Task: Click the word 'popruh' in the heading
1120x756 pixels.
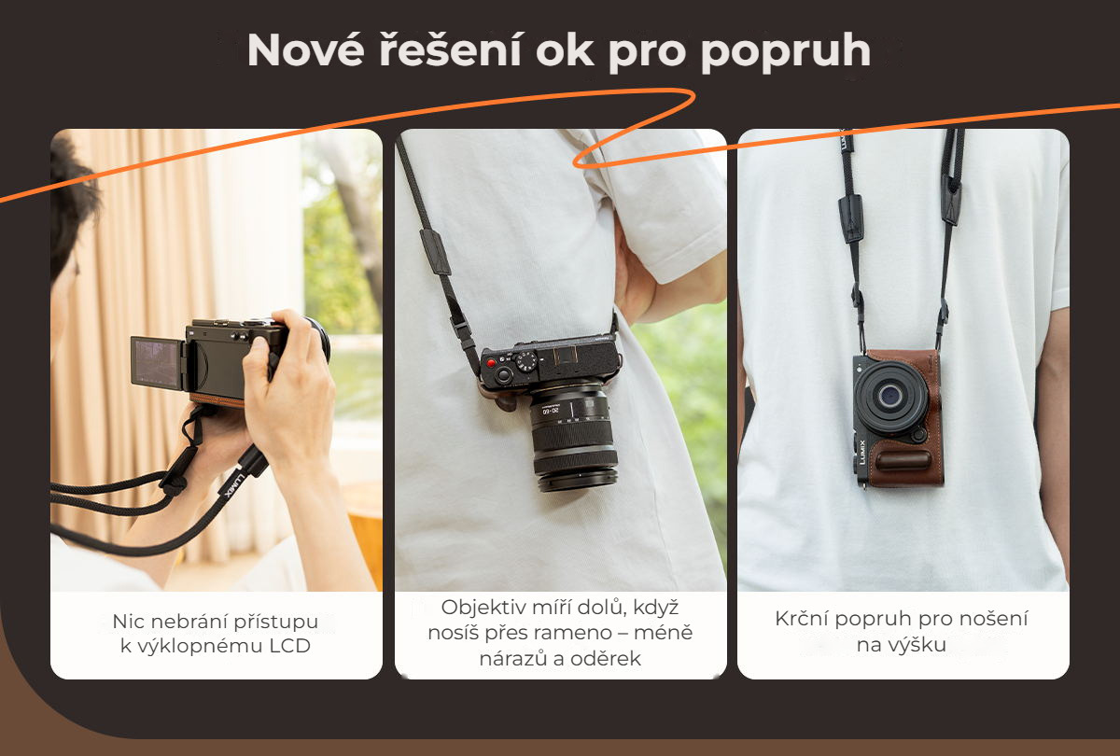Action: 786,51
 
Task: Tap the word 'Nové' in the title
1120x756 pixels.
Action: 305,49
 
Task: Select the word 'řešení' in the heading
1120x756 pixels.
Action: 450,49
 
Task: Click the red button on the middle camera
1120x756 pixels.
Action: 492,363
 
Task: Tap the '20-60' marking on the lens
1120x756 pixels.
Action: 551,411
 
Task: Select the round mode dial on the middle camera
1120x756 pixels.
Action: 526,360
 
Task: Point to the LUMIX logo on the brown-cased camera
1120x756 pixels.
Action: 862,452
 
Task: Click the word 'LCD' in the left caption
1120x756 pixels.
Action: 290,646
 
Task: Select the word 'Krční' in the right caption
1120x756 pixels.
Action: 802,619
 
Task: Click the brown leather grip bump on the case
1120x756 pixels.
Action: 903,460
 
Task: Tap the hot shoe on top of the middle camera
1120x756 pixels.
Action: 566,355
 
